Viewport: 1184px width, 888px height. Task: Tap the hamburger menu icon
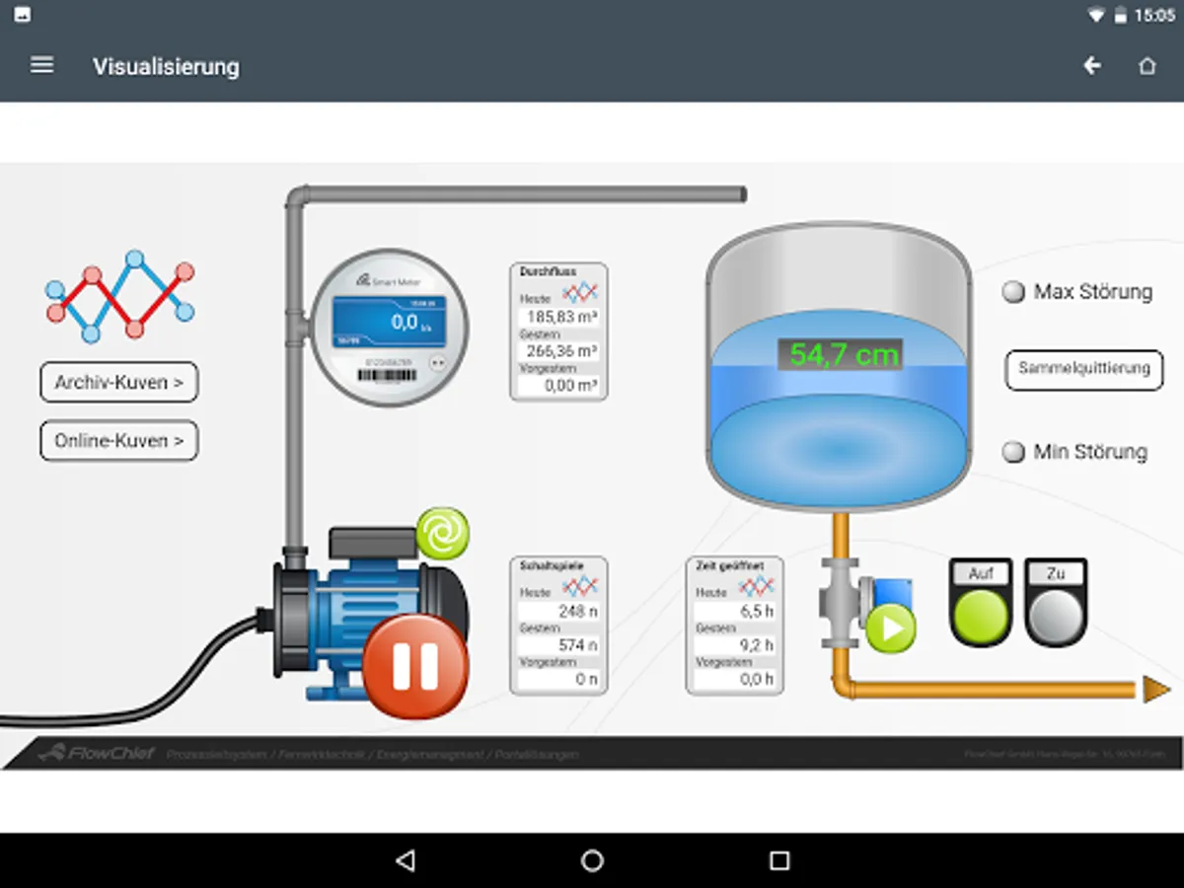pyautogui.click(x=41, y=65)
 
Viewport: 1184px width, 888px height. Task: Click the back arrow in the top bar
pyautogui.click(x=1092, y=66)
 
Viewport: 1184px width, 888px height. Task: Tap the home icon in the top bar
pyautogui.click(x=1147, y=66)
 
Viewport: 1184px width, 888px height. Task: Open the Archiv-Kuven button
pyautogui.click(x=119, y=383)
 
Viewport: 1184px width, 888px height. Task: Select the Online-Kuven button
pyautogui.click(x=119, y=441)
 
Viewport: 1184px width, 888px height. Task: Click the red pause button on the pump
pyautogui.click(x=414, y=666)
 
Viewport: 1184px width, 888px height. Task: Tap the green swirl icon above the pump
pyautogui.click(x=442, y=534)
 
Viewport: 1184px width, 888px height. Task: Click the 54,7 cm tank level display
pyautogui.click(x=840, y=355)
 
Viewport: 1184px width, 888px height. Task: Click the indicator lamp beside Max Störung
pyautogui.click(x=1013, y=292)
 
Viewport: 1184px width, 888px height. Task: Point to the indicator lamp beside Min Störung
pyautogui.click(x=1013, y=453)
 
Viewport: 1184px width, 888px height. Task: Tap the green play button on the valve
pyautogui.click(x=891, y=629)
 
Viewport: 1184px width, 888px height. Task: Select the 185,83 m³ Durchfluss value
pyautogui.click(x=559, y=318)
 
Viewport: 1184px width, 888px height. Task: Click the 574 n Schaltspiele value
pyautogui.click(x=559, y=645)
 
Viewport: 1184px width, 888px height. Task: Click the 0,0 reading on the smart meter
pyautogui.click(x=405, y=322)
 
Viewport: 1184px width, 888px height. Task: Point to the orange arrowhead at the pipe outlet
pyautogui.click(x=1155, y=690)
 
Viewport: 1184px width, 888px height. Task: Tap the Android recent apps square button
pyautogui.click(x=779, y=860)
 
